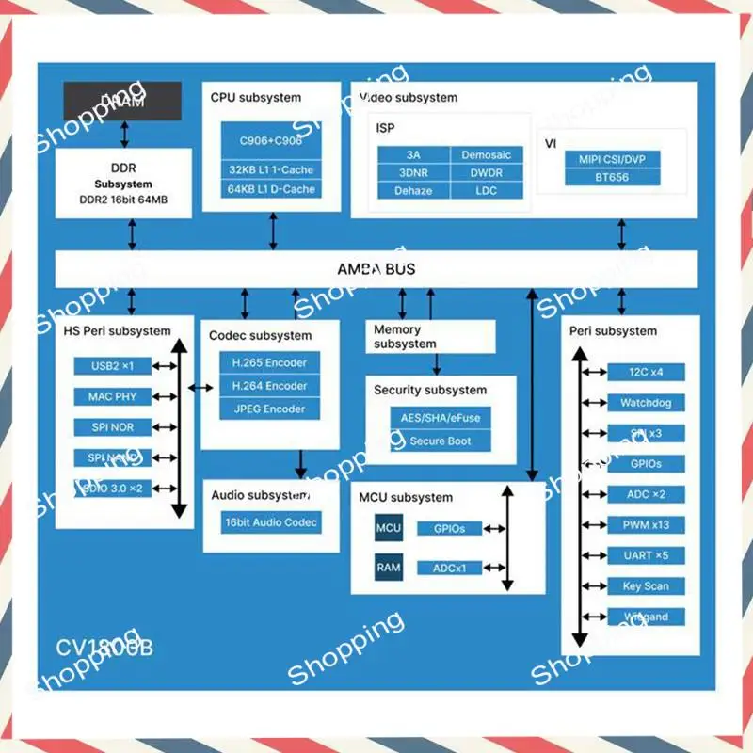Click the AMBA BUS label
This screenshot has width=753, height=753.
(376, 269)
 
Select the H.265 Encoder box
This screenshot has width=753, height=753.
(269, 362)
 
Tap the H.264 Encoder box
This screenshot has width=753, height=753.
(269, 386)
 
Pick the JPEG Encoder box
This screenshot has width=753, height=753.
(269, 409)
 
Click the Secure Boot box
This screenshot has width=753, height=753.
(441, 441)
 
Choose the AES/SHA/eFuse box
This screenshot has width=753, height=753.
(441, 418)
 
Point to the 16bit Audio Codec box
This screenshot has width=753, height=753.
(271, 522)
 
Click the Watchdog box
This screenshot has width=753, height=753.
(645, 403)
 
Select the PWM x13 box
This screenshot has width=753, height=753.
(645, 525)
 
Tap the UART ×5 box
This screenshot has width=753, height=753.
(645, 555)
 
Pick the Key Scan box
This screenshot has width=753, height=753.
(645, 586)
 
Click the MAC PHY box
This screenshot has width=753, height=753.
(113, 397)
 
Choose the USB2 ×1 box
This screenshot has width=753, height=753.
(113, 366)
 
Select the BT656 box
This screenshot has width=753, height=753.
(612, 177)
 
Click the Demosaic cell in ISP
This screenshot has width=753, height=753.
(487, 154)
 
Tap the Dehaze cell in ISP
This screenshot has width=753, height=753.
(413, 190)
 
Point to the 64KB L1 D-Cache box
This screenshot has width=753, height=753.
(271, 190)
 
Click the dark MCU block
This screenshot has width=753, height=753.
(389, 528)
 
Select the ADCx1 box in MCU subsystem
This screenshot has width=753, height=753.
(456, 568)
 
